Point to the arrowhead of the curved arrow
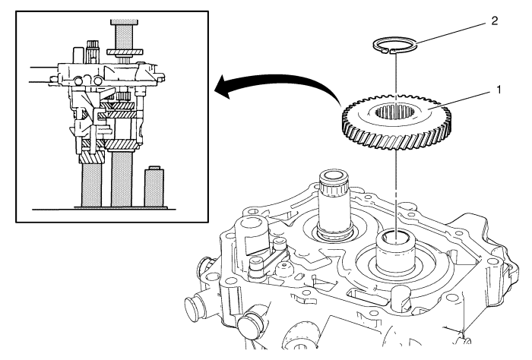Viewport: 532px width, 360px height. [220, 89]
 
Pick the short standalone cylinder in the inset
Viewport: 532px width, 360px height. [155, 184]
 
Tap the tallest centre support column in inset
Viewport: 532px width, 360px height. [122, 175]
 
